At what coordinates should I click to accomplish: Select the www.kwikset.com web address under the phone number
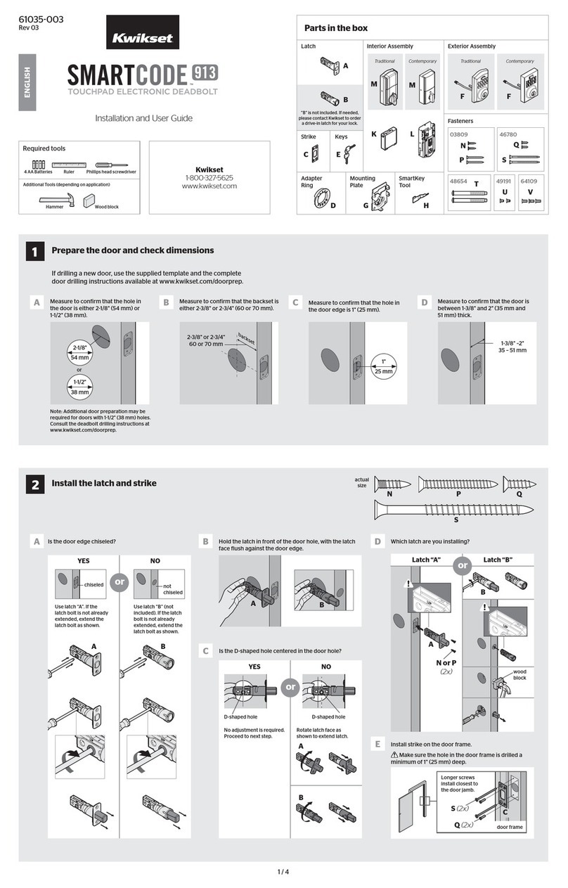tap(209, 187)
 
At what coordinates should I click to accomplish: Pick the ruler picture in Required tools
tap(67, 164)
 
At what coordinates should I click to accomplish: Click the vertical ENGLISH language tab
tap(27, 84)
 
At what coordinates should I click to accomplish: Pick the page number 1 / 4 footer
tap(283, 873)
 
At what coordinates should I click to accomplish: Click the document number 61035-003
tap(41, 20)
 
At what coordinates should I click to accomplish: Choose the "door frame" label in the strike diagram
tap(510, 828)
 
